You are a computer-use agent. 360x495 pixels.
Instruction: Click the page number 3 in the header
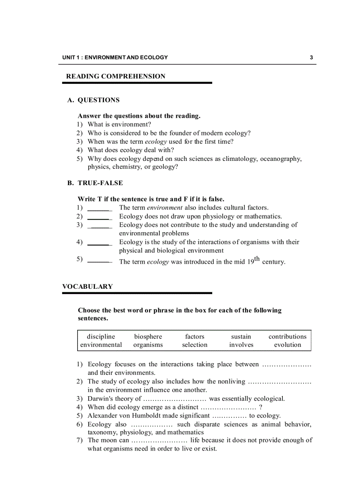(311, 57)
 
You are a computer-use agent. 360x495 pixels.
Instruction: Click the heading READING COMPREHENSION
(116, 76)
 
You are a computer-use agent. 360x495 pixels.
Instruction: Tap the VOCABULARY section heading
(87, 287)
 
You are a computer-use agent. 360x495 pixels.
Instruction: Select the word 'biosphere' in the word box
(148, 337)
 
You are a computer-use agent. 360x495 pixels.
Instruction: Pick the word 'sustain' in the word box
(241, 337)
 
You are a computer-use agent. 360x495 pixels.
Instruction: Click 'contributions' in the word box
(287, 337)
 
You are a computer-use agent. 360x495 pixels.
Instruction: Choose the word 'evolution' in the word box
(287, 345)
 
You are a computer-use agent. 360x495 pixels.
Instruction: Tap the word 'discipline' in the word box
(101, 337)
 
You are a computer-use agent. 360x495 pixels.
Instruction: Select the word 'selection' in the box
(195, 345)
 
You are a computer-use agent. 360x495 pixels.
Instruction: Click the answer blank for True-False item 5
(99, 262)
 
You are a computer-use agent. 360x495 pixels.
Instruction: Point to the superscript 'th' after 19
(257, 259)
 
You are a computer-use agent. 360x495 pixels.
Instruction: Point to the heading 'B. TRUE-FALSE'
(95, 183)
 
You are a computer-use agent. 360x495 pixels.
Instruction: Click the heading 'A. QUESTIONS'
(93, 100)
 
